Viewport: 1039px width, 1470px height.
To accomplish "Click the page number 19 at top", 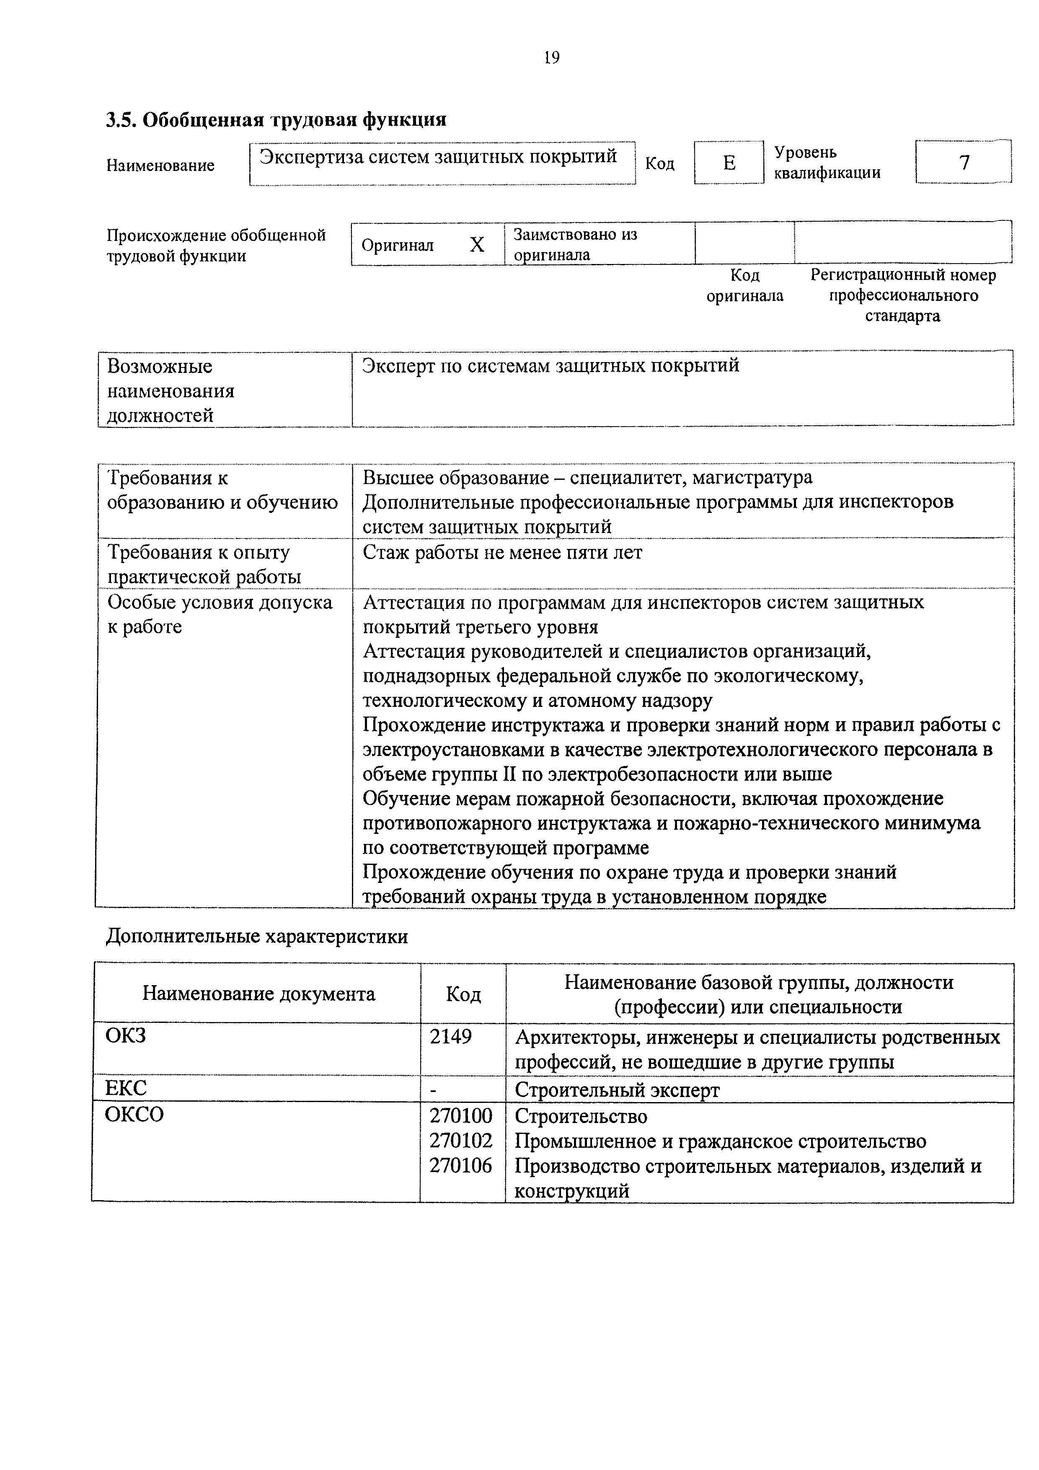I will click(x=551, y=58).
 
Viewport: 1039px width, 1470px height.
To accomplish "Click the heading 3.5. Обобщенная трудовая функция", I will click(x=276, y=120).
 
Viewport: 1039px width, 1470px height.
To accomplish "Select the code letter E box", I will click(x=729, y=163).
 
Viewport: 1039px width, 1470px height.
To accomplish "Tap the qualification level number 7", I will click(x=964, y=163).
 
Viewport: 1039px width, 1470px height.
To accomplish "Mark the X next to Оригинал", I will click(x=477, y=245).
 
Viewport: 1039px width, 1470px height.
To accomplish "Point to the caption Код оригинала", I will click(x=744, y=285).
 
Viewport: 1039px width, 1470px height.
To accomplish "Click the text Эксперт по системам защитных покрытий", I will click(x=551, y=365).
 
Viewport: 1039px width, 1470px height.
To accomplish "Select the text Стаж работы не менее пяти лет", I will click(x=503, y=553).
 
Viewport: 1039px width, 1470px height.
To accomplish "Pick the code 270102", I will click(x=461, y=1140).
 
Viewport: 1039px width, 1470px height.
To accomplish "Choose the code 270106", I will click(x=461, y=1165).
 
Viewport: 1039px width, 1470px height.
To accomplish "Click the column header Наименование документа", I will click(x=258, y=994).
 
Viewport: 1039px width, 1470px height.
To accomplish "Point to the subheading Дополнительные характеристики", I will click(x=257, y=937).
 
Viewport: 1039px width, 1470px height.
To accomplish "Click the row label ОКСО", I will click(x=134, y=1115).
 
